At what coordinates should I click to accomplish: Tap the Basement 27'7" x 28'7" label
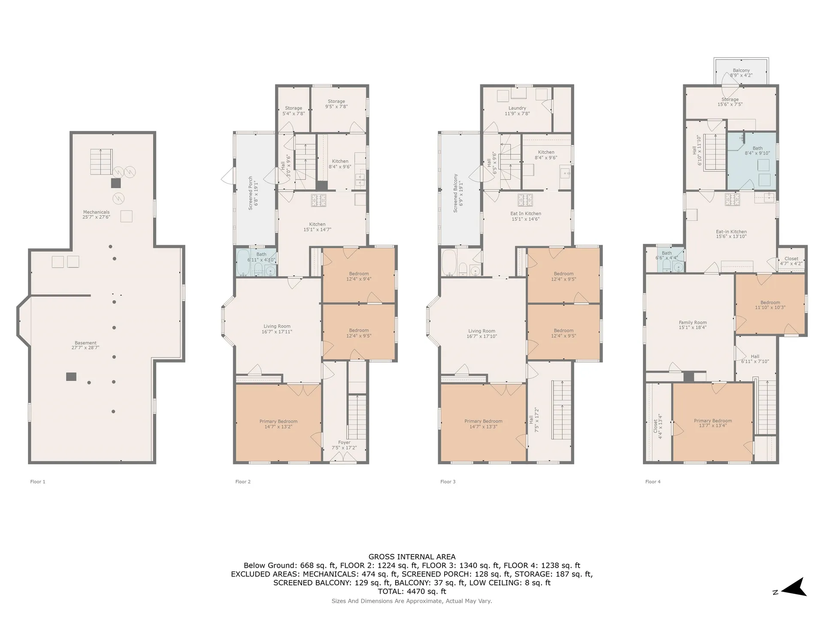[85, 345]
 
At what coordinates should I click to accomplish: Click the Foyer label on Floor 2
[344, 445]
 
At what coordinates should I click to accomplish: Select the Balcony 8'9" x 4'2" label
[741, 73]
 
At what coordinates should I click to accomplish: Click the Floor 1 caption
[38, 482]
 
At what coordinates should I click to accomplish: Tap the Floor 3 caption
[448, 482]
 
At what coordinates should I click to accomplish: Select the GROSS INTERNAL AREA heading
[412, 557]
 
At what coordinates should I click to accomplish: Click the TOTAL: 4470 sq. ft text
[412, 591]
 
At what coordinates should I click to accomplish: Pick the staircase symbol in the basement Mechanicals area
[101, 162]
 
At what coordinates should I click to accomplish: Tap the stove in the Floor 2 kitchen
[318, 200]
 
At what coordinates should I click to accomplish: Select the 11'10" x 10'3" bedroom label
[770, 305]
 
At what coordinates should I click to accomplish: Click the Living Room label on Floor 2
[277, 329]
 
